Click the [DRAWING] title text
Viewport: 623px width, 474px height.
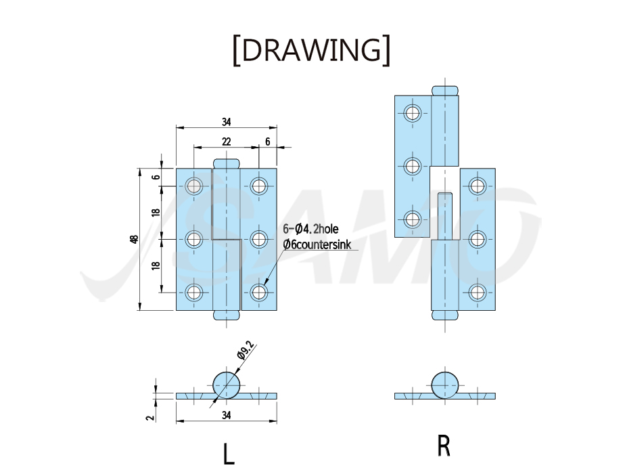click(311, 50)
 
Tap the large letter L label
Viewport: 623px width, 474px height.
click(228, 454)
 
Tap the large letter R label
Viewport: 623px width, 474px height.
click(444, 446)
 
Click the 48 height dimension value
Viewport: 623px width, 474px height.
click(134, 240)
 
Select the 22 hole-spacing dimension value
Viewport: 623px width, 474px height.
click(226, 142)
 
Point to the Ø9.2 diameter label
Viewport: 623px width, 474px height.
click(245, 350)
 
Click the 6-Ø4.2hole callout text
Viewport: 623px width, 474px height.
click(310, 229)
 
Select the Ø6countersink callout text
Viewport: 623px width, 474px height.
click(317, 244)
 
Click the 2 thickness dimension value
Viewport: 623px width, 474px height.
click(150, 418)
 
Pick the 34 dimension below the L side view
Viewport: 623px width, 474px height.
click(226, 415)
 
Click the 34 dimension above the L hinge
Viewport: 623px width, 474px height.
click(226, 122)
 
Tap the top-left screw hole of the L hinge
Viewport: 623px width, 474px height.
click(194, 186)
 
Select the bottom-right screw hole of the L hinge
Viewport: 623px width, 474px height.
click(258, 293)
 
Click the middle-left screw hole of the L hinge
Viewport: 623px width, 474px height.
click(194, 240)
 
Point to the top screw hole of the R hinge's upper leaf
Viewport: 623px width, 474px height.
click(413, 113)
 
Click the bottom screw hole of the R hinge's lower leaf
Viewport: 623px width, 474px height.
click(477, 293)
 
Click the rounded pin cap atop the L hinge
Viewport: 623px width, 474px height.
click(227, 163)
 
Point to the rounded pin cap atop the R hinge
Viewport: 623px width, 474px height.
click(445, 91)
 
